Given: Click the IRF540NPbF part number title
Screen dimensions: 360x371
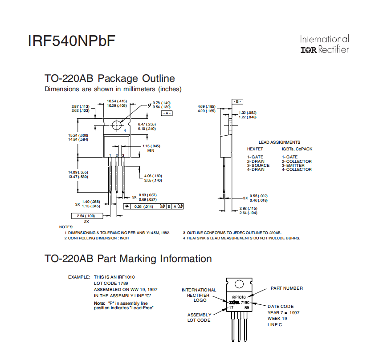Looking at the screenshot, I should (x=71, y=41).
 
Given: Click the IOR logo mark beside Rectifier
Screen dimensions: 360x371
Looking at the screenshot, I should (x=309, y=50).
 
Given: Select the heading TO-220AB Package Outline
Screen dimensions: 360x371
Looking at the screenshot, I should (x=110, y=79).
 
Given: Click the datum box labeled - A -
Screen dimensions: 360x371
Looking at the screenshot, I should (x=167, y=113).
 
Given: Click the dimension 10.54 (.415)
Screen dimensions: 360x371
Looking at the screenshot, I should (x=117, y=101).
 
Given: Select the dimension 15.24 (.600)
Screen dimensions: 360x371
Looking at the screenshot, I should (x=78, y=135).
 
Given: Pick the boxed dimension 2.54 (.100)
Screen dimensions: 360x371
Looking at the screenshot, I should (x=86, y=216).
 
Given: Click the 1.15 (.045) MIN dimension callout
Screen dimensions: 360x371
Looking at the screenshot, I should (x=151, y=146).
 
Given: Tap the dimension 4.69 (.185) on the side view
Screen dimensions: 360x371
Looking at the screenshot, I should (x=207, y=107).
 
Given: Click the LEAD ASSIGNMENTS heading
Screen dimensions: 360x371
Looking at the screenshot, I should (x=279, y=142).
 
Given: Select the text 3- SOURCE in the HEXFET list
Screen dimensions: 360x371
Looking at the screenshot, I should (x=258, y=166).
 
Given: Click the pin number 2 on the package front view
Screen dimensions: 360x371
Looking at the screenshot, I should (x=117, y=155).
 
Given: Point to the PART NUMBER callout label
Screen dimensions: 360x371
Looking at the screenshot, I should (x=286, y=288).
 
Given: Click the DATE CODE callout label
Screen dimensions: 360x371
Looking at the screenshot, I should (x=280, y=306).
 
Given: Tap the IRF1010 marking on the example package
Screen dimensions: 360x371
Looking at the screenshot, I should (x=238, y=297).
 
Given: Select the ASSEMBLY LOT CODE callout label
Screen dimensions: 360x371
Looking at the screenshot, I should (x=199, y=317).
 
